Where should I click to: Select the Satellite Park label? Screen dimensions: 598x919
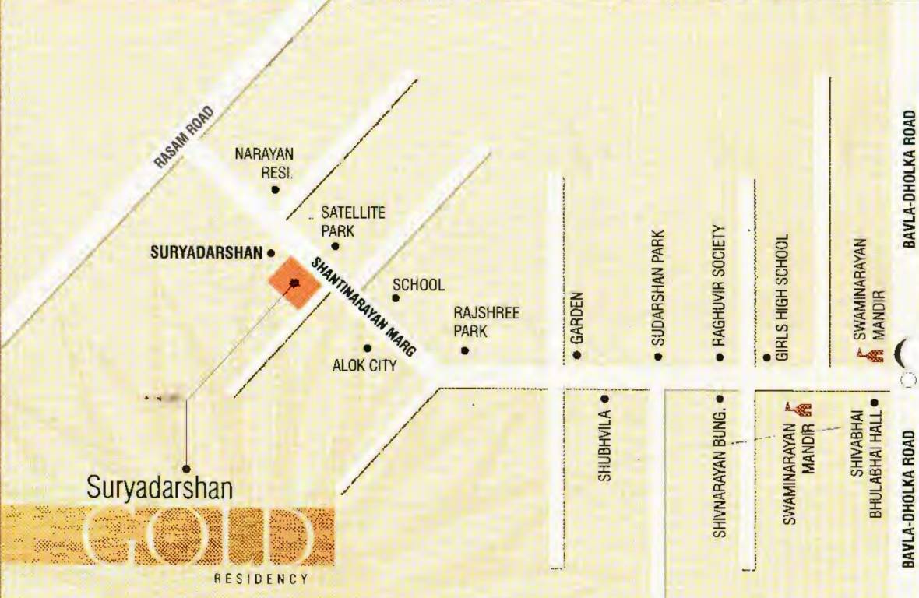point(353,221)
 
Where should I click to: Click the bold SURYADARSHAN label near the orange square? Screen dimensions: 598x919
point(206,253)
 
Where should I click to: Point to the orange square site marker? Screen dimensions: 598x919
point(294,283)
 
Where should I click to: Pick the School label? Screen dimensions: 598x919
point(418,285)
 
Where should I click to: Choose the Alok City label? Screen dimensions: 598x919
point(364,365)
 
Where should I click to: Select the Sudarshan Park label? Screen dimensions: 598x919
point(658,287)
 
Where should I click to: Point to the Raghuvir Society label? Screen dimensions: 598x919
point(720,286)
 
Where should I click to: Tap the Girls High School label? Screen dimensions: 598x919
point(783,296)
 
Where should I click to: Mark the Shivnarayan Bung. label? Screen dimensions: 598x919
point(720,472)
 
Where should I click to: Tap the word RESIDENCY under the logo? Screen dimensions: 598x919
point(262,579)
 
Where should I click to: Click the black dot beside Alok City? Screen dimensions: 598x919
point(368,348)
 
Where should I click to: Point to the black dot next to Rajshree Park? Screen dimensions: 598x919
point(465,350)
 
